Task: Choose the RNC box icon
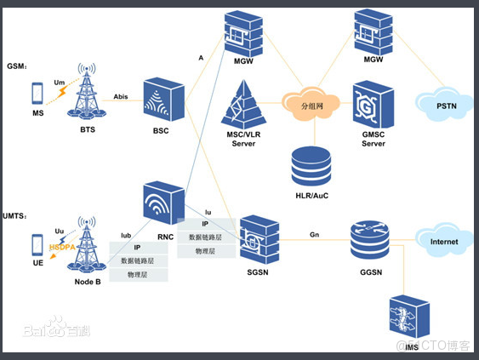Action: (x=164, y=203)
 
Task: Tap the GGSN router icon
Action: (x=369, y=241)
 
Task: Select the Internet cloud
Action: (x=443, y=242)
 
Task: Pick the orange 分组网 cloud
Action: (x=315, y=106)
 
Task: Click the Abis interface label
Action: (x=122, y=96)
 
